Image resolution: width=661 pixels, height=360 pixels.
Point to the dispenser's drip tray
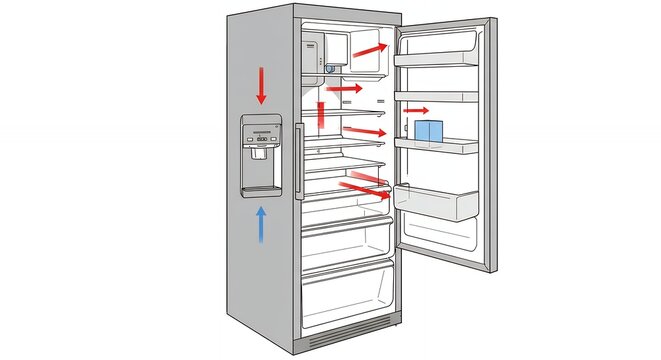coord(261,189)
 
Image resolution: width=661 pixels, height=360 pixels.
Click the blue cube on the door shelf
coord(430,131)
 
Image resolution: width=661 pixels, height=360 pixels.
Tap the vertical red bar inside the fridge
coord(321,116)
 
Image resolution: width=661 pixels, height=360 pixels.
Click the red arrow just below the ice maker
coord(344,89)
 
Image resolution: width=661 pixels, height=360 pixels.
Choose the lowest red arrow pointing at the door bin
coord(363,188)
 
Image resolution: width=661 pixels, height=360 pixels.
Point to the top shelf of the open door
coord(436,59)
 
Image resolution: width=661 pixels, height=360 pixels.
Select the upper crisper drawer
coord(346,240)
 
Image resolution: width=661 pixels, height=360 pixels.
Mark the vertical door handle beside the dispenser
coord(298,160)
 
